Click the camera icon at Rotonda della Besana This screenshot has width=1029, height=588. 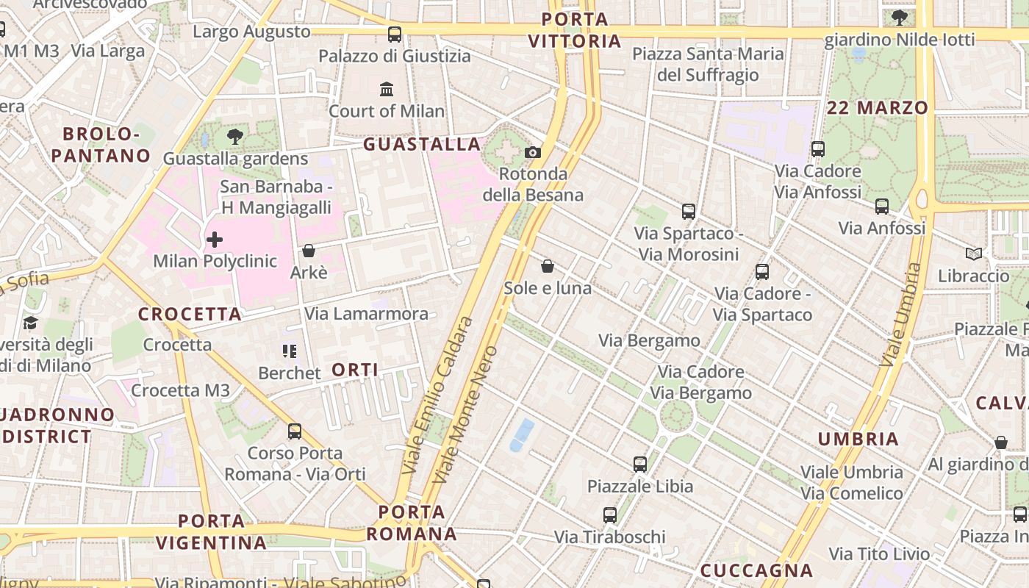point(533,152)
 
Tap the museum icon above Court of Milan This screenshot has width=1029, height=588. point(387,89)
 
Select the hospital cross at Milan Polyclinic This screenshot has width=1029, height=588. point(215,239)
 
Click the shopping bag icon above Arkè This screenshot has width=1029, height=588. point(309,251)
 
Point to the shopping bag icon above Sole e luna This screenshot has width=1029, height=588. point(548,265)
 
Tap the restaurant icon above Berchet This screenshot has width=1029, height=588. point(290,351)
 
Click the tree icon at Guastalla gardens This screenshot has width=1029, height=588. point(235,136)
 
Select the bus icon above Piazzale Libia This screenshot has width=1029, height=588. point(640,464)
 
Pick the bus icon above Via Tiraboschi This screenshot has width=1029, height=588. point(610,515)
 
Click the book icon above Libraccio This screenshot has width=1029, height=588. point(974,254)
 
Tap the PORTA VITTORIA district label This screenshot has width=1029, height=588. point(576,30)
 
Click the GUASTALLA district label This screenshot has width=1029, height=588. point(422,144)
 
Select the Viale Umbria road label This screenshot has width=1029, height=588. point(900,315)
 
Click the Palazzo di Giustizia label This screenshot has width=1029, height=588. point(395,56)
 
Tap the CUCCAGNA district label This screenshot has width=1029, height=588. point(756,570)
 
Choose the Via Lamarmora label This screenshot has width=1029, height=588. point(366,314)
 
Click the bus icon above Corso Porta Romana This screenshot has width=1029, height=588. point(295,431)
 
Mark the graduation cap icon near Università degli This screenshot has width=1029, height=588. point(30,323)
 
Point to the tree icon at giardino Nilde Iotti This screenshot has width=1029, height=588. point(899,18)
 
